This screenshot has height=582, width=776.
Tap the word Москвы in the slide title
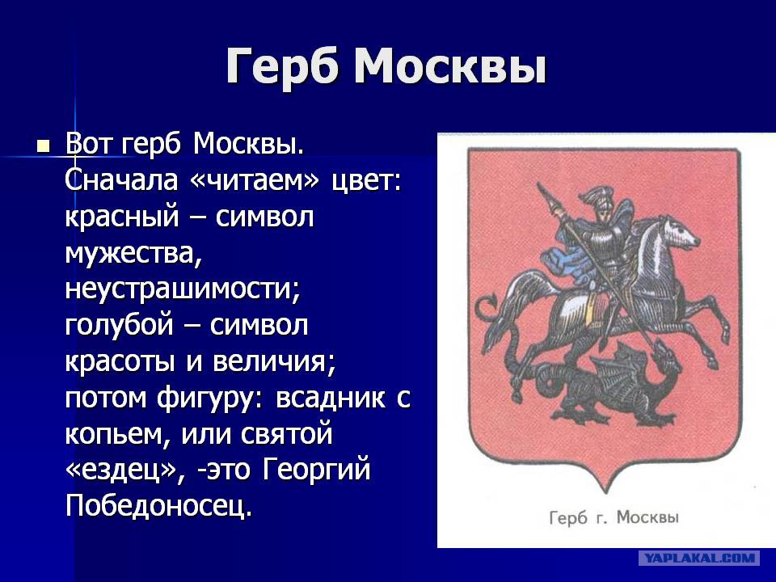point(450,65)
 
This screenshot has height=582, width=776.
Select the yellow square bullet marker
point(44,146)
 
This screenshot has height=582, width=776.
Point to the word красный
point(122,217)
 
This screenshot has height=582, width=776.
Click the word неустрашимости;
point(183,289)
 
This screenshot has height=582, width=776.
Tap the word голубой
point(120,326)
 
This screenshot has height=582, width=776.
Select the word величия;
point(274,362)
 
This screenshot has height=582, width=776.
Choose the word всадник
point(330,398)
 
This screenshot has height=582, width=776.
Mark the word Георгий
point(316,470)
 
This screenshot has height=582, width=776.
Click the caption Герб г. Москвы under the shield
point(614,517)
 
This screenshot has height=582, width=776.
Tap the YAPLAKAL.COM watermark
point(699,558)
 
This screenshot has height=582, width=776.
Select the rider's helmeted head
point(601,203)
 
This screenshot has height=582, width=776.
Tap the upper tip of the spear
point(538,183)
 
